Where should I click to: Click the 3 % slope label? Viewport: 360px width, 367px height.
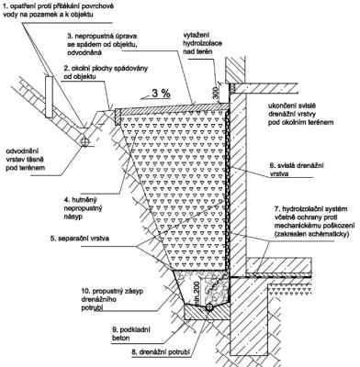pos(161,94)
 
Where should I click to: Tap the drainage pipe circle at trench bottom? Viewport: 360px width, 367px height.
pos(209,307)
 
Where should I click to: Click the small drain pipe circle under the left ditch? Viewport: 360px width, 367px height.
pos(85,141)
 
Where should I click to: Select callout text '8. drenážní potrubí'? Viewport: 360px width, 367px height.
pos(161,352)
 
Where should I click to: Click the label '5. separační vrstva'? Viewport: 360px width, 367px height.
pos(78,238)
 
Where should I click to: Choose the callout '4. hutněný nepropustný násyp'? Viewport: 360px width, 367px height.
pos(83,208)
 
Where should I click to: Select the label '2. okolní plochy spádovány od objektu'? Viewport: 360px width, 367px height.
pos(107,72)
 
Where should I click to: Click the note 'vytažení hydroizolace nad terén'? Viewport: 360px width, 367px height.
pos(202,43)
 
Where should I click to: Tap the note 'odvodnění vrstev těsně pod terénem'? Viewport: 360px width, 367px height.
pos(26,159)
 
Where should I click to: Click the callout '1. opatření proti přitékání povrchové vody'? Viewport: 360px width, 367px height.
pos(58,10)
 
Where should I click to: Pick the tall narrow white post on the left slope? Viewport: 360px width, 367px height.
pos(49,97)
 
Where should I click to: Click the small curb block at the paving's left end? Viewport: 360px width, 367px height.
pos(118,117)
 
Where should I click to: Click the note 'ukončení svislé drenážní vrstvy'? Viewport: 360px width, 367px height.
pos(300,114)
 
